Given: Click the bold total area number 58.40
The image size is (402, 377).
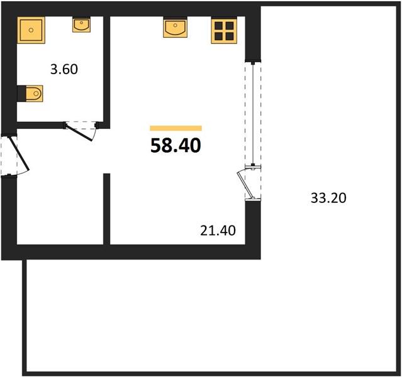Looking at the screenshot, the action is pos(176,145).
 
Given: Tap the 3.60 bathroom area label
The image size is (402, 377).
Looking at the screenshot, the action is pos(64,69).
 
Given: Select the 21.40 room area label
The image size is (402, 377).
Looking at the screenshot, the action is pos(218,231).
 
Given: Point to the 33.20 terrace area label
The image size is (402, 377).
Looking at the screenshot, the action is pos(328,198).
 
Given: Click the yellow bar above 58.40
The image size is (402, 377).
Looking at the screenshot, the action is pos(176,128).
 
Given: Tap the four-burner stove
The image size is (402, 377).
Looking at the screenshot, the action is pos(224,30).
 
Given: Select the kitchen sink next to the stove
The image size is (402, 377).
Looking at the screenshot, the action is pos(175,28).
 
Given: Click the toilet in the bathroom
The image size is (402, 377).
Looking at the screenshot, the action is pos(30,94).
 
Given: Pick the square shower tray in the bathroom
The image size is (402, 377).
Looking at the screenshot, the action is pos(31,30).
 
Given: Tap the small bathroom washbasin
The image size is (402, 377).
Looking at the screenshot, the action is pos(81,25).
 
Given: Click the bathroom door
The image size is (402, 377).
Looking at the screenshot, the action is pos(79,132).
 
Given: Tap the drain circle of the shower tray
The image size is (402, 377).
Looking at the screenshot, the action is pos(31,30).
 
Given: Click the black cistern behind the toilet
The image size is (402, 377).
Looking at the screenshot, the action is pos(21,94).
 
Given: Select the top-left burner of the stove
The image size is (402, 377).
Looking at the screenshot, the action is pos(218,26).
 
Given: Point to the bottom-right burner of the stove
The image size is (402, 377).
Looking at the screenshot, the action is pos(230,36).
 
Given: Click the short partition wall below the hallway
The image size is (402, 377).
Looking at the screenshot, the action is pos(107,209).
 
